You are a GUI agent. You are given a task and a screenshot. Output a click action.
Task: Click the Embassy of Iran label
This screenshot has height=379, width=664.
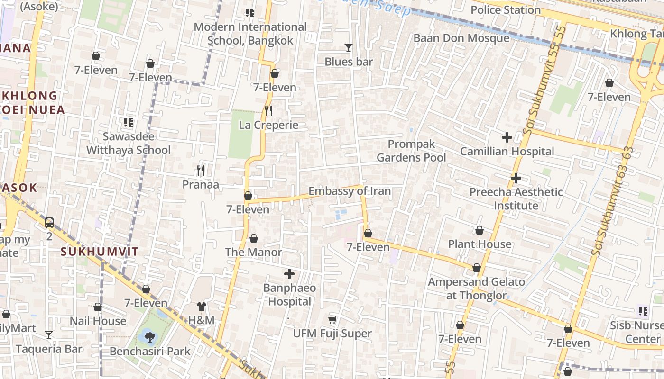click(350, 191)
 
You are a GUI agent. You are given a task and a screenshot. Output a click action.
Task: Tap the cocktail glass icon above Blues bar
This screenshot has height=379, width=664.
click(349, 47)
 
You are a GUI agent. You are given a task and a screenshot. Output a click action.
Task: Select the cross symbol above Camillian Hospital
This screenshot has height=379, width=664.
click(507, 137)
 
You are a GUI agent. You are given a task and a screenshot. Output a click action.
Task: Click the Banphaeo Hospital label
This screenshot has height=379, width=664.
click(289, 295)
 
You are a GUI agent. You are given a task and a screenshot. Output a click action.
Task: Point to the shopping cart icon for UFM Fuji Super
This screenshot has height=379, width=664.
click(332, 319)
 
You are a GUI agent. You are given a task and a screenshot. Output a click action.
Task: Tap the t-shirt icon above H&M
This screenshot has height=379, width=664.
click(202, 307)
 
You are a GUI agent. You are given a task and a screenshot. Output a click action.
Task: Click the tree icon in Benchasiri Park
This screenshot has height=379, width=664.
click(150, 337)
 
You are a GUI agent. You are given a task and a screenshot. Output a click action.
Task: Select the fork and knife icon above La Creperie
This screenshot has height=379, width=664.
click(268, 111)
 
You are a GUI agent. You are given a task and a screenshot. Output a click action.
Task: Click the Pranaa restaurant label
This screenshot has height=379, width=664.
click(201, 184)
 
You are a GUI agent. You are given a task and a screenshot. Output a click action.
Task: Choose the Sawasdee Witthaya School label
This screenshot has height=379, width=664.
click(128, 144)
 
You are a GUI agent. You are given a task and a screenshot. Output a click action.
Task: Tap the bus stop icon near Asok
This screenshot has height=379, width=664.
click(49, 222)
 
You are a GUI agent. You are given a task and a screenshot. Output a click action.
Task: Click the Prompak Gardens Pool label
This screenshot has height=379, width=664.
click(411, 151)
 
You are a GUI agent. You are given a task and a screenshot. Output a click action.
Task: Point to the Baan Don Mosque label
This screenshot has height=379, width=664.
click(461, 38)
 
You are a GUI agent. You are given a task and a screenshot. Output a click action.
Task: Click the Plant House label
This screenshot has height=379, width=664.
click(480, 244)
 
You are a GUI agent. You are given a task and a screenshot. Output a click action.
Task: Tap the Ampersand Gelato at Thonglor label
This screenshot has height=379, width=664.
click(476, 289)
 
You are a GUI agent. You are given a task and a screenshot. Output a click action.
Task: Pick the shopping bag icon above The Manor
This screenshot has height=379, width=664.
click(254, 238)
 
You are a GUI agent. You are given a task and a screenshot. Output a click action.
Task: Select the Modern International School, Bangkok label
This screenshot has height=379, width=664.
click(250, 34)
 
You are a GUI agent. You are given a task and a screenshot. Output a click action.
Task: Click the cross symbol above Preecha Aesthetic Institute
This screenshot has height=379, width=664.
click(516, 178)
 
